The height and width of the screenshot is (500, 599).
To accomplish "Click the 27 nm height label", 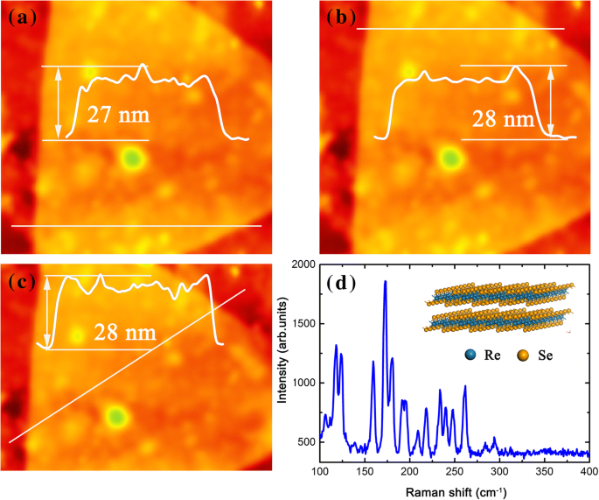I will [x=117, y=116].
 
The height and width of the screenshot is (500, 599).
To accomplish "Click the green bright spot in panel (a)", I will [x=132, y=158].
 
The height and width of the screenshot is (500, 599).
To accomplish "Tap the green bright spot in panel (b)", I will [x=450, y=158].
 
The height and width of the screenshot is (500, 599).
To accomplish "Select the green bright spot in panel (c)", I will [x=115, y=414].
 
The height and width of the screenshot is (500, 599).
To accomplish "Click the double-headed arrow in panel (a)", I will [x=59, y=102].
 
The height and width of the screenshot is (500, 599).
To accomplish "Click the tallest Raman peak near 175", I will [x=385, y=283].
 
